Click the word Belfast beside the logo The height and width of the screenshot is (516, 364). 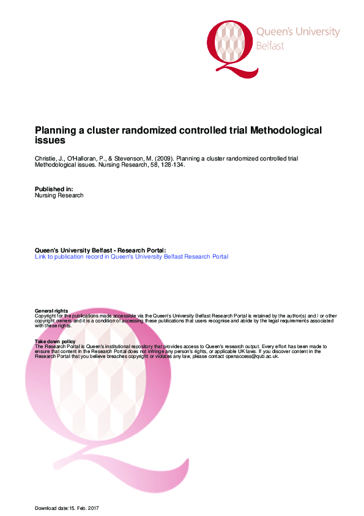click(x=270, y=46)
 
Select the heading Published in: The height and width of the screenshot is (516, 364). click(x=54, y=189)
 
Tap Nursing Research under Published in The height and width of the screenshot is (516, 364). click(x=59, y=195)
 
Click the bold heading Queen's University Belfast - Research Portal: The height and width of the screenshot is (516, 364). click(x=100, y=251)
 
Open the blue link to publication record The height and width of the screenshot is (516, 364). click(x=132, y=257)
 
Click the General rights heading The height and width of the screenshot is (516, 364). click(x=51, y=311)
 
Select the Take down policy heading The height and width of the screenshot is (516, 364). click(x=55, y=341)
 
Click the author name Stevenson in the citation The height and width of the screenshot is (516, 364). click(x=129, y=159)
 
